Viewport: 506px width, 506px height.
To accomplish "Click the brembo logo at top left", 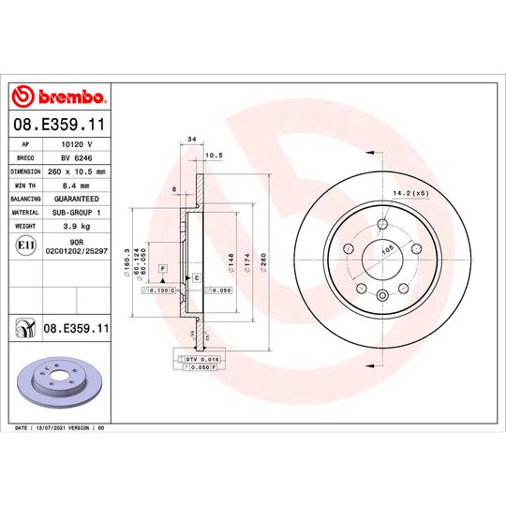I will click(58, 97).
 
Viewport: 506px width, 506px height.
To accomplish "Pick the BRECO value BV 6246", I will click(76, 159).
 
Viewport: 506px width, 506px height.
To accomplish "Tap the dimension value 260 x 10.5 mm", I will click(76, 172).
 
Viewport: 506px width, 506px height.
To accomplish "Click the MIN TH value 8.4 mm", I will click(76, 186).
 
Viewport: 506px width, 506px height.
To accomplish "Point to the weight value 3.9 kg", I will click(76, 225).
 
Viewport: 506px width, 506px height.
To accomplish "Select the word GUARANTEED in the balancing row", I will click(76, 199).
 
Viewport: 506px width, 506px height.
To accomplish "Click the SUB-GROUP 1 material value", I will click(76, 212).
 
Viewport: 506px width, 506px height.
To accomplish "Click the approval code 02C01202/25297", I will click(76, 252).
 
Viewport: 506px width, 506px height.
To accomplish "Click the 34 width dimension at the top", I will click(191, 139).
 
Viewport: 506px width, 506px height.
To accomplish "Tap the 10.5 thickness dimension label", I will click(212, 156).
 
